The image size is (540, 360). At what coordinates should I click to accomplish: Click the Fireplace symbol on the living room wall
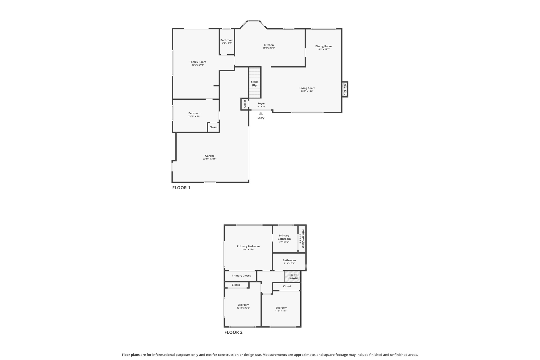tap(345, 89)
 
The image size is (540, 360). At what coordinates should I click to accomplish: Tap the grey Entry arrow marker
tap(261, 113)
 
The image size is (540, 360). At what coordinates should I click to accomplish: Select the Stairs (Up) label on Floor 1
tap(255, 83)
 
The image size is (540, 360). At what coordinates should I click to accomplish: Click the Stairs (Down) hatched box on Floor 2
tap(293, 276)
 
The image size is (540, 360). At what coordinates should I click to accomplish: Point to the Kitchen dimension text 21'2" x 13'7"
tap(269, 48)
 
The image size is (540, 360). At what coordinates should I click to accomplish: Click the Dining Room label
tap(323, 46)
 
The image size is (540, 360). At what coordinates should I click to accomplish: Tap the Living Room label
tap(307, 88)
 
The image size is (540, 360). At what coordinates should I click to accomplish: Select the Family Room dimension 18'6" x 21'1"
tap(198, 65)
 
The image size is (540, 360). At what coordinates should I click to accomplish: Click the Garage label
tap(210, 156)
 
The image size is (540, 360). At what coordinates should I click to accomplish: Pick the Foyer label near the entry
tap(261, 104)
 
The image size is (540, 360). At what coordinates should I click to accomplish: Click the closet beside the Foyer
tap(245, 104)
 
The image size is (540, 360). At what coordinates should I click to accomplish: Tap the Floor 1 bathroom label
tap(227, 40)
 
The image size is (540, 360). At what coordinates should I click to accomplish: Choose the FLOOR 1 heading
tap(181, 188)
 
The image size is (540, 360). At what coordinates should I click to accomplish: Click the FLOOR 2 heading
tap(233, 332)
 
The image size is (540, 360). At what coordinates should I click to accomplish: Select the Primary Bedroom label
tap(248, 246)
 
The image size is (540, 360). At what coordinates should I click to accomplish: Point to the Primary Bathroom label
tap(284, 237)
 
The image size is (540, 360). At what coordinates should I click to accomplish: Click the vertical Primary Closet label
tap(303, 239)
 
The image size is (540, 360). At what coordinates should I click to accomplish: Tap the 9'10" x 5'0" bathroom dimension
tap(289, 263)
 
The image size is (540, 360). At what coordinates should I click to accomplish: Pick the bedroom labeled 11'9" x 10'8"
tap(281, 308)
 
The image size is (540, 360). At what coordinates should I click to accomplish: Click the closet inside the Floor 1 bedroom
tap(214, 127)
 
